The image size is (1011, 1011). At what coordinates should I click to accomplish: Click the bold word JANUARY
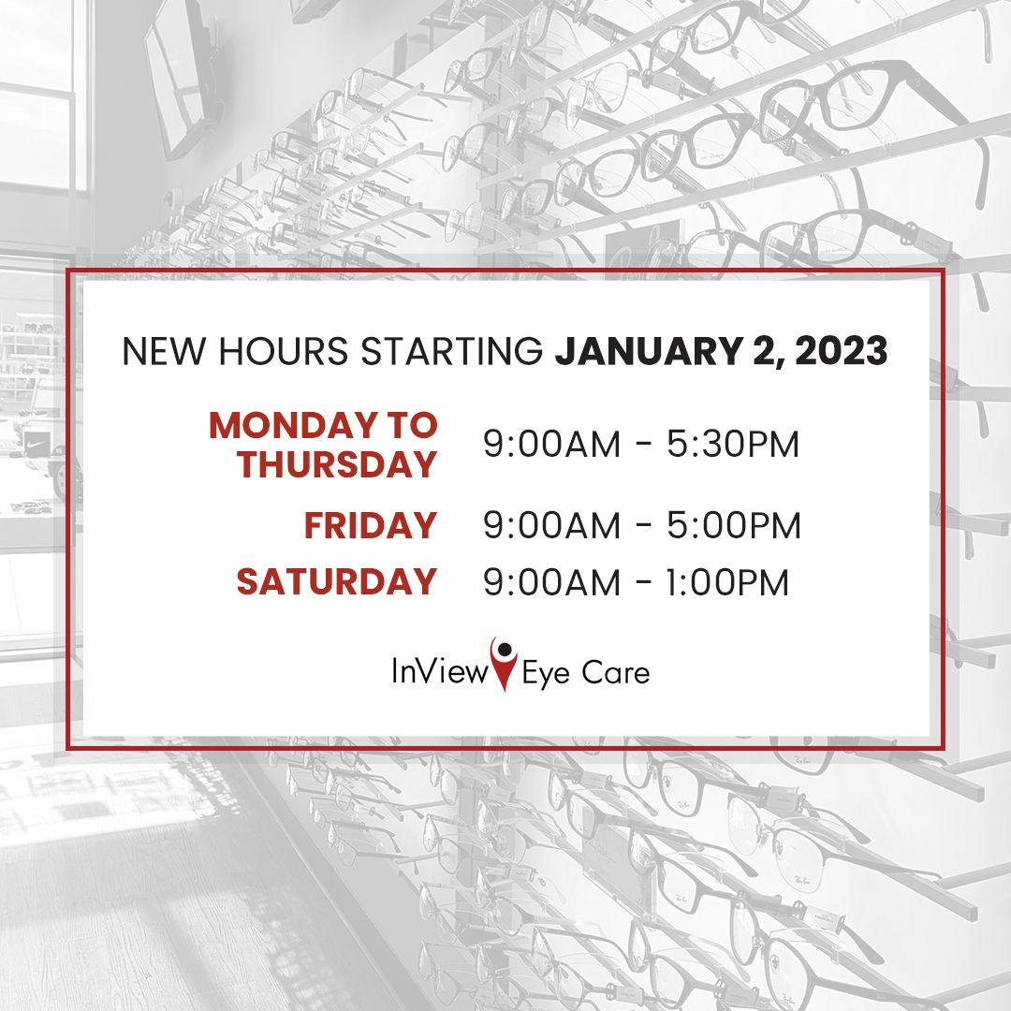click(x=648, y=351)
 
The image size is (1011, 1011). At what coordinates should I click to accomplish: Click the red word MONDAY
click(x=293, y=426)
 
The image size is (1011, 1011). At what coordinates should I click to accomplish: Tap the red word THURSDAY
click(x=337, y=464)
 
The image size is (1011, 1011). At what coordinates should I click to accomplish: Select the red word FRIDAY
click(x=371, y=525)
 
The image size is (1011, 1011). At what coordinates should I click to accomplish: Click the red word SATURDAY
click(x=337, y=581)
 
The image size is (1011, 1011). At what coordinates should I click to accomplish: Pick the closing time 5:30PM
click(x=733, y=445)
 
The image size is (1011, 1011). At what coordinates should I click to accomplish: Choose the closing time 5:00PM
click(x=734, y=525)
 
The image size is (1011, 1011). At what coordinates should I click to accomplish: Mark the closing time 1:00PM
click(x=726, y=582)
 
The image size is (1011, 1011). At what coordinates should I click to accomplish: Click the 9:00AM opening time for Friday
click(x=552, y=525)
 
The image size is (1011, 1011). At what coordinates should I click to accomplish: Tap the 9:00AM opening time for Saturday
click(x=552, y=582)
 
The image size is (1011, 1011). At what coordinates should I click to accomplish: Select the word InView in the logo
click(x=440, y=671)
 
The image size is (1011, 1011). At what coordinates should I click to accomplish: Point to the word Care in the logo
click(x=615, y=672)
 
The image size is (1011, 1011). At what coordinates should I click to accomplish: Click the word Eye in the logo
click(x=546, y=674)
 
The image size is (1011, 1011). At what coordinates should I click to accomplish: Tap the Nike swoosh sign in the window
click(x=32, y=445)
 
